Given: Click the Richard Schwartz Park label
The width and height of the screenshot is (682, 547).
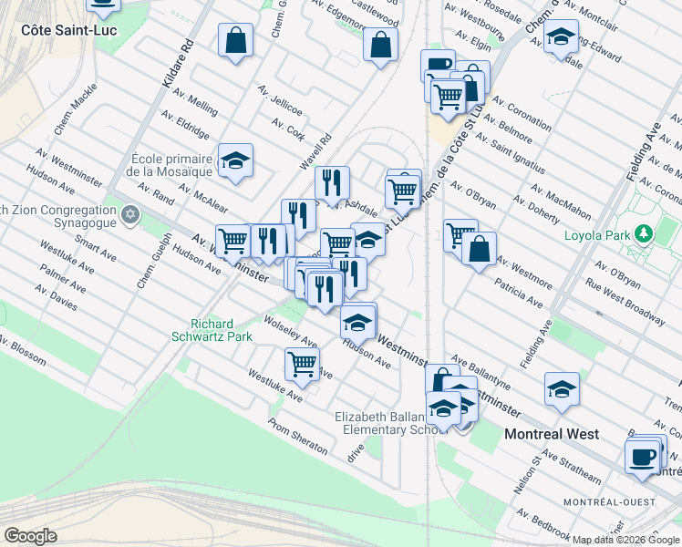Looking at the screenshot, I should pos(212,330).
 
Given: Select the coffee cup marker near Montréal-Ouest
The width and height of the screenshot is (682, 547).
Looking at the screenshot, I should pos(643,455).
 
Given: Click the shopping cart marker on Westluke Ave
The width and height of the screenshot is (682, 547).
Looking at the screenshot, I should pos(302,364).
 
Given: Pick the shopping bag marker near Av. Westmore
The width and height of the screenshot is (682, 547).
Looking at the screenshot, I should pos(479,248).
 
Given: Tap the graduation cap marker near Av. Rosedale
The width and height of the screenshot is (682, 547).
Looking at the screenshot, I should pos(561,37).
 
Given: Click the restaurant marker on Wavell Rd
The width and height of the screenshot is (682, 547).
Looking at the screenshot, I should pos(333,182).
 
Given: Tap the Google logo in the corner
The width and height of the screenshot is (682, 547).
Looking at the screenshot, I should pos(30,536).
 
